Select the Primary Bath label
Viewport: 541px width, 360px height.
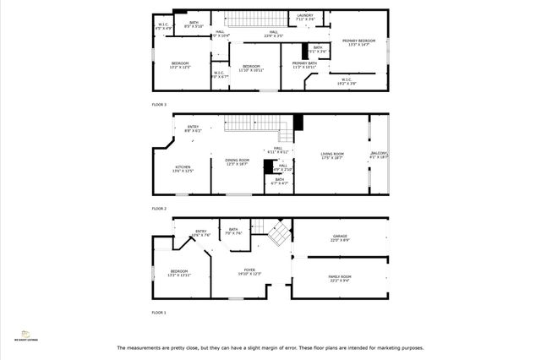(304, 65)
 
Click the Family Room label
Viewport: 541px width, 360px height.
(340, 278)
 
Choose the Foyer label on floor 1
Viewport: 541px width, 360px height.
(249, 272)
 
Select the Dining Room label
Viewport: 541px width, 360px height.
(237, 162)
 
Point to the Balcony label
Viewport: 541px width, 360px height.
(379, 155)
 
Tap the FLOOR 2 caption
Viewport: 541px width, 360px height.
(159, 208)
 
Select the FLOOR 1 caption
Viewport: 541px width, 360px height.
(159, 313)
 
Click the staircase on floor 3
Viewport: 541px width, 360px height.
(254, 19)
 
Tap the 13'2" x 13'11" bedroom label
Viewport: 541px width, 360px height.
(179, 273)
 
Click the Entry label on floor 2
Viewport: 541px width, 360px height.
(193, 128)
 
